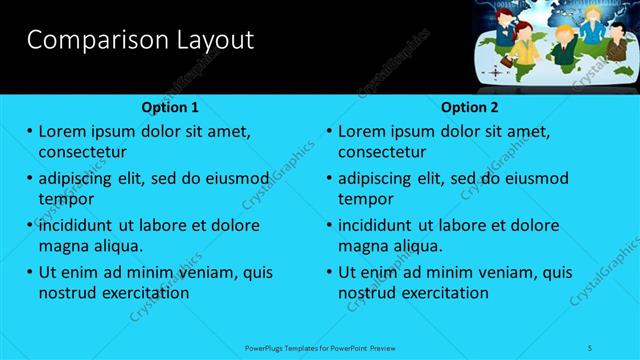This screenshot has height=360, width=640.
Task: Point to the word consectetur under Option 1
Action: [82, 152]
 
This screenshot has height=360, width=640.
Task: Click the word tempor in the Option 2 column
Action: [366, 199]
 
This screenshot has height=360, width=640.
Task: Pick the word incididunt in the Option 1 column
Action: [76, 225]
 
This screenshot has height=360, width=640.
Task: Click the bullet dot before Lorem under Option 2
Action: [329, 131]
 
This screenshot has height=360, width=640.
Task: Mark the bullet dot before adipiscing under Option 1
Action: [30, 179]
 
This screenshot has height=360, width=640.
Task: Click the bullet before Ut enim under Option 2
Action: [329, 272]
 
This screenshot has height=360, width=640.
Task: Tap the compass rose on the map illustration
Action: [494, 73]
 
